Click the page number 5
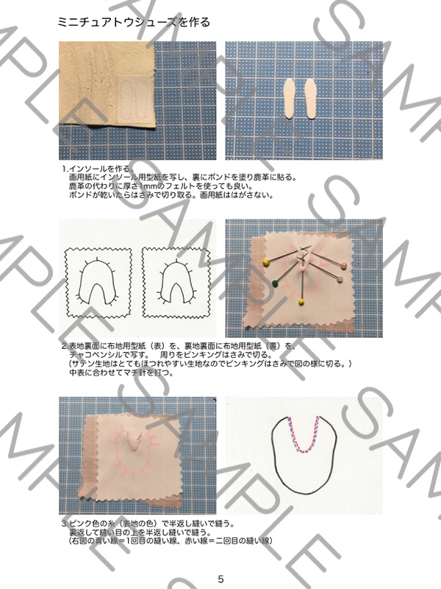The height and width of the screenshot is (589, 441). pos(220,579)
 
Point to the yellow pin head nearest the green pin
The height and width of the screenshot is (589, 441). pos(265,261)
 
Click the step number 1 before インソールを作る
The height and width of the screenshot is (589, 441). pos(65,169)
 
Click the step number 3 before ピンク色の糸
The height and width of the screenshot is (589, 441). pos(64,524)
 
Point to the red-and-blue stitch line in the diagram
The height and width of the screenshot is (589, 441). pos(304,434)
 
